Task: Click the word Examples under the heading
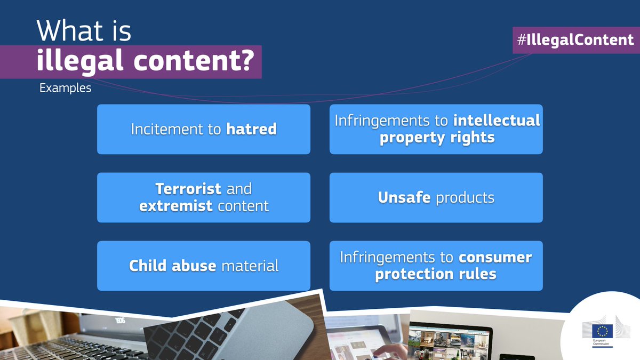65,88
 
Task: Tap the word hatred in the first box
251,129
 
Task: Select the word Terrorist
188,189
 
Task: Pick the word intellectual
496,121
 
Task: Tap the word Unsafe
404,198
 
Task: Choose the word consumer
495,258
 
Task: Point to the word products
465,198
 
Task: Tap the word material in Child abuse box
249,266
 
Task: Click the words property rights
437,138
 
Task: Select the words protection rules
436,274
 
